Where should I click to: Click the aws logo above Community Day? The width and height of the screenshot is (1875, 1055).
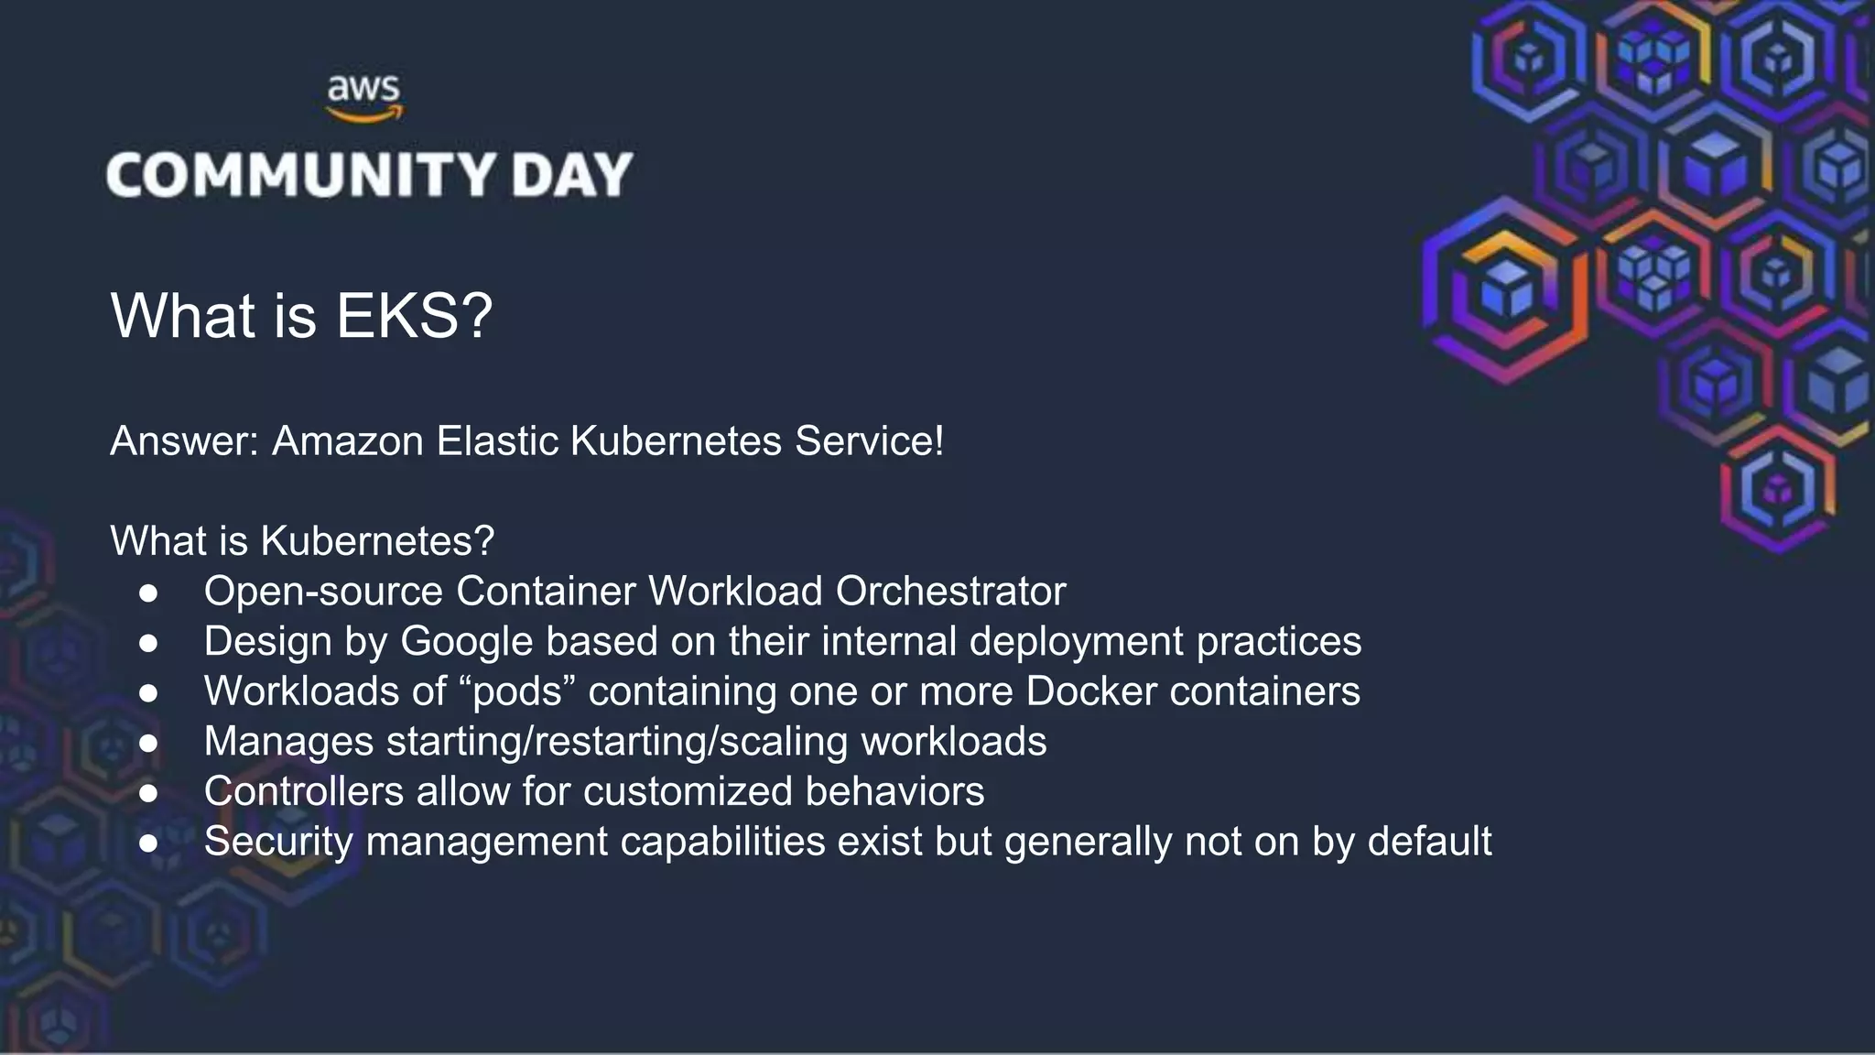click(364, 97)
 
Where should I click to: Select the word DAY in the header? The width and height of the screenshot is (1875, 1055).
click(572, 174)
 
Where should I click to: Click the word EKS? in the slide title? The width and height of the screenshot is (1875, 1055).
click(415, 316)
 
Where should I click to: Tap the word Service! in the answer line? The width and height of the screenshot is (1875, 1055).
click(869, 441)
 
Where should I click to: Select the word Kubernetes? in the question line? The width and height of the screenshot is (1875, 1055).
click(377, 541)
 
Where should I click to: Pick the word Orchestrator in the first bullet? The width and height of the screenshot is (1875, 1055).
click(950, 592)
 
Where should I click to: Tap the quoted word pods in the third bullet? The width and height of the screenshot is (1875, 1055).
click(516, 691)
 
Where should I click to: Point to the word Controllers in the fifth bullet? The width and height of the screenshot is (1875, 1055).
click(303, 791)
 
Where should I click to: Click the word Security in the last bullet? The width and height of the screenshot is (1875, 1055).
click(278, 842)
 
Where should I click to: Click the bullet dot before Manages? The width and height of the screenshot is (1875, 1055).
click(148, 743)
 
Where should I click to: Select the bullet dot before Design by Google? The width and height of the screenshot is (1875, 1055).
click(148, 643)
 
